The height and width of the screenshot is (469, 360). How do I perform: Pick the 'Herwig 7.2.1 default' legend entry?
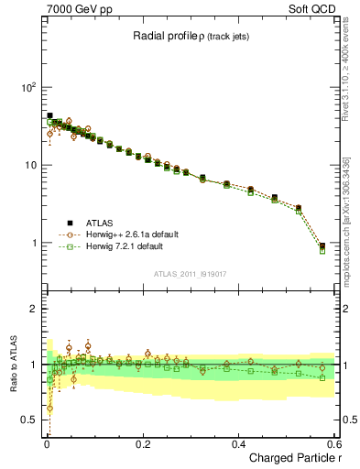pyautogui.click(x=124, y=246)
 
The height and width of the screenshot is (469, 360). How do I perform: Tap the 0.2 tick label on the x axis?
pyautogui.click(x=142, y=443)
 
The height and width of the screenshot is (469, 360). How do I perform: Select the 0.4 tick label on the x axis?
pyautogui.click(x=238, y=443)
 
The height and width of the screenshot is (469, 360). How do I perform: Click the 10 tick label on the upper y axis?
pyautogui.click(x=29, y=165)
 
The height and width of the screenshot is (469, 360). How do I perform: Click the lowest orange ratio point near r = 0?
pyautogui.click(x=49, y=408)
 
